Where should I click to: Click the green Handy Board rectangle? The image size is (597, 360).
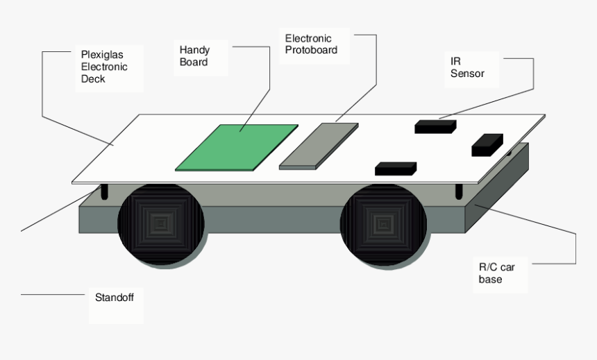pos(237,147)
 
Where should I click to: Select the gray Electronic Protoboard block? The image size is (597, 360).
pos(319,146)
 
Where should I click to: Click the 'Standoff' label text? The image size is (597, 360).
pos(114,297)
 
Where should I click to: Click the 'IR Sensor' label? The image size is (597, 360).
pos(466,67)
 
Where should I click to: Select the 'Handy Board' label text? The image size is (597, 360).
pos(194,56)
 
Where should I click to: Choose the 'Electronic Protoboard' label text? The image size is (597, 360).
pos(311,44)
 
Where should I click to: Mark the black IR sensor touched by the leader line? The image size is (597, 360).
pos(435,126)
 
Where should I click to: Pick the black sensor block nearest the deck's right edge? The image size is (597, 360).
pos(487,144)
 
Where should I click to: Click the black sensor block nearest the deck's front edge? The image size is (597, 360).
pos(395,168)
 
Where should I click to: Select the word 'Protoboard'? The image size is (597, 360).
pos(311,50)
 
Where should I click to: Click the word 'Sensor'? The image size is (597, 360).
pos(467,73)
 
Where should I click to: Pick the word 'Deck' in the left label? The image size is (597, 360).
pos(93,79)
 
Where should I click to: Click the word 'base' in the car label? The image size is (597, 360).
pos(490,280)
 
